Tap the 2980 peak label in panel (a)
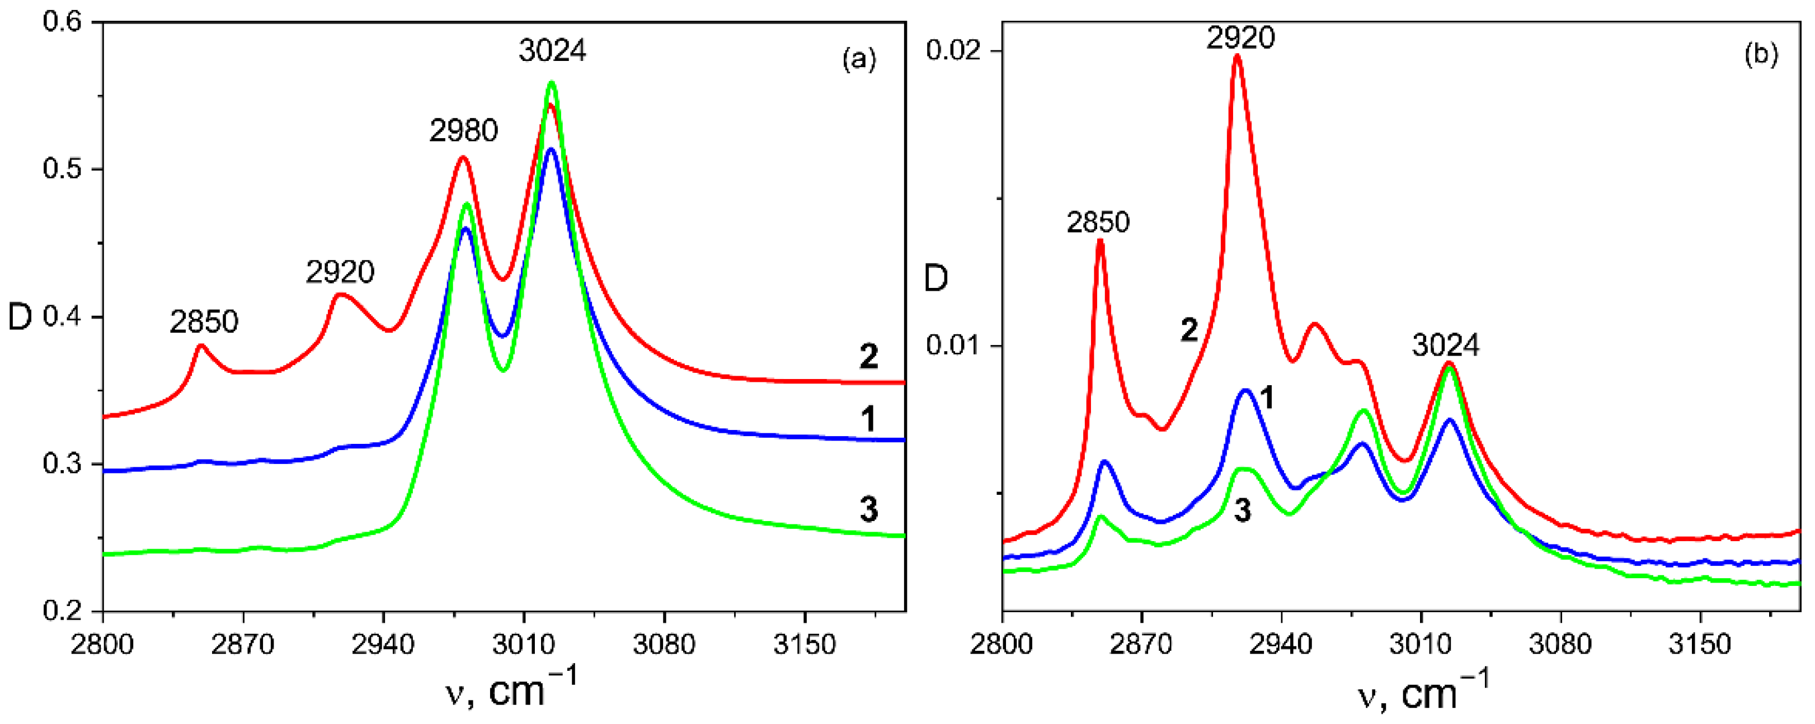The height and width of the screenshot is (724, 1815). click(464, 130)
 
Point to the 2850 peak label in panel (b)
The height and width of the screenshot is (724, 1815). click(1098, 223)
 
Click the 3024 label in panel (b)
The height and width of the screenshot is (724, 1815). click(1446, 345)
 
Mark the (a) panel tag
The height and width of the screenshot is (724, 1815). click(859, 59)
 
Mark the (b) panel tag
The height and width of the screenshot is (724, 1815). click(1761, 54)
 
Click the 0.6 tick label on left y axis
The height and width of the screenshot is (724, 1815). click(62, 21)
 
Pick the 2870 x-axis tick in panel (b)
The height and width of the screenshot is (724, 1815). click(1141, 645)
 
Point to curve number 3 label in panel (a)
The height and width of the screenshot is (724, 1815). click(869, 509)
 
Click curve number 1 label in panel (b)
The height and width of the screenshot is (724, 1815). click(1266, 399)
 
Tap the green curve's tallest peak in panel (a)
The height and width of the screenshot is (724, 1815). click(551, 83)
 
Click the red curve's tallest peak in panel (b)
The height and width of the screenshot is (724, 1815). click(1236, 56)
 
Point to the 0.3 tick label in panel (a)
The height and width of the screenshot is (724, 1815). click(62, 464)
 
